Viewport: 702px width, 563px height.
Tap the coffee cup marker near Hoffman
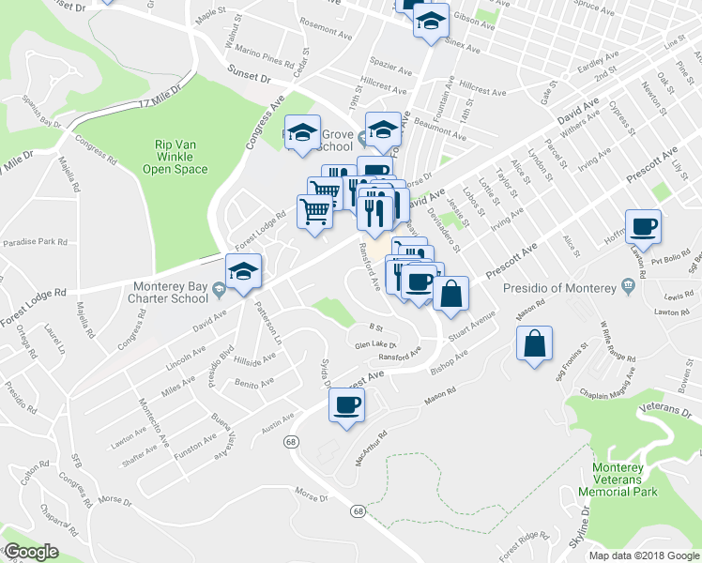(643, 226)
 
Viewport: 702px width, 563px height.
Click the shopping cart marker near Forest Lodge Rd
(315, 210)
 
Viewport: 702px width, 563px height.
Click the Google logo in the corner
(31, 552)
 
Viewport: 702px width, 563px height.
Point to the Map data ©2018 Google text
(644, 555)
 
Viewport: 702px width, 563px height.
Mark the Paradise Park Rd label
(36, 241)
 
